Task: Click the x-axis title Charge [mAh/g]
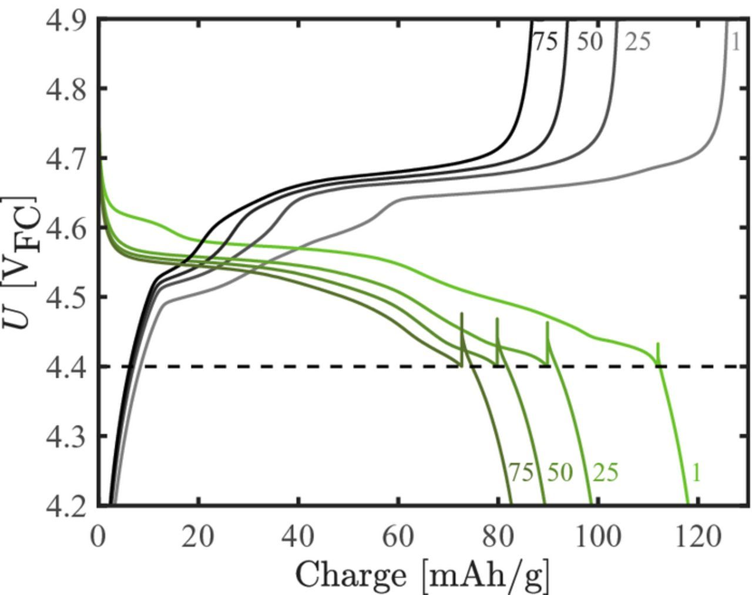pos(422,575)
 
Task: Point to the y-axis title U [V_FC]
pos(22,262)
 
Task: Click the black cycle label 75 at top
pos(545,42)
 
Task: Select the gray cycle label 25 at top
pos(637,42)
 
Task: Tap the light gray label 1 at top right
pos(735,42)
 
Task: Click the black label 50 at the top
pos(589,42)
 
